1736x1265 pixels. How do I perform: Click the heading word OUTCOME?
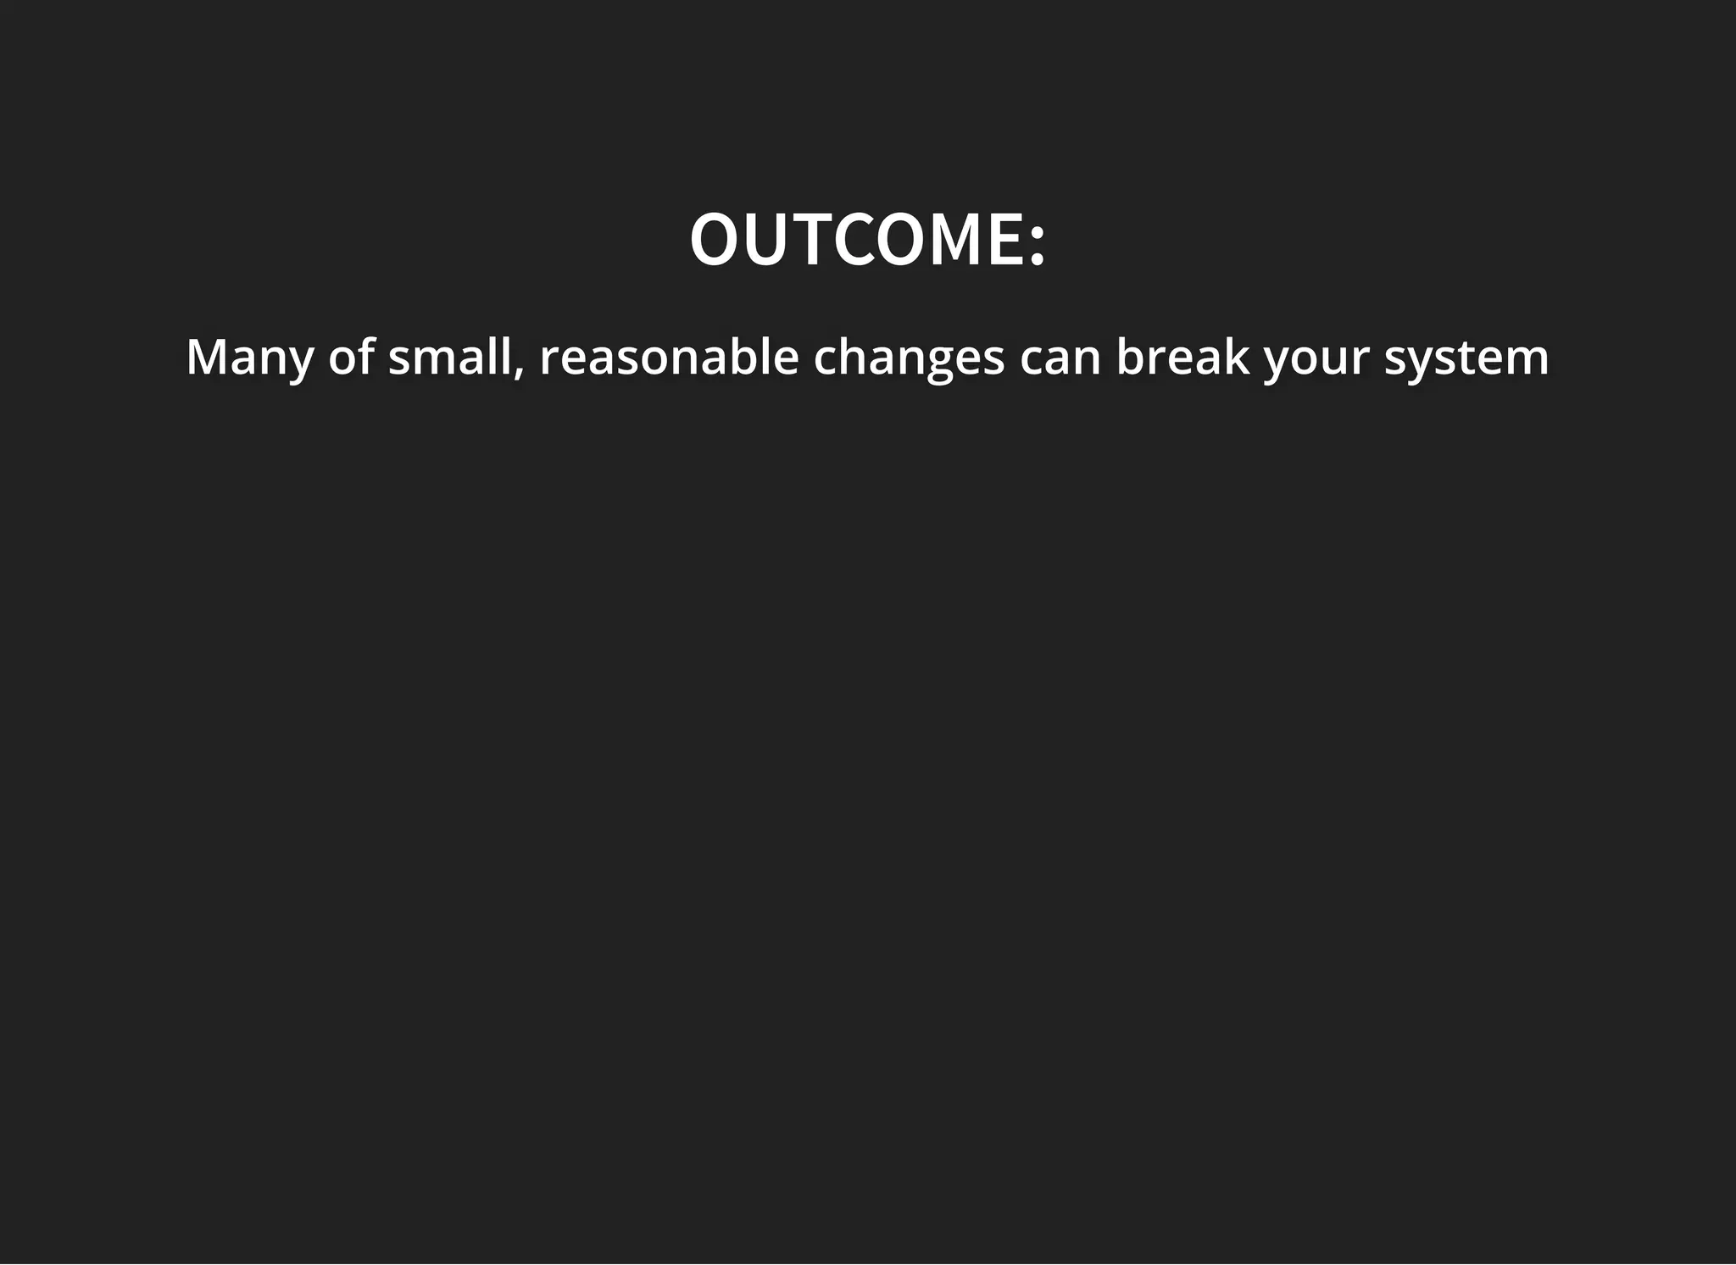pos(856,240)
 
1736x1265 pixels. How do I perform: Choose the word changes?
pos(909,358)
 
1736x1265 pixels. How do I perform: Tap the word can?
pos(1060,359)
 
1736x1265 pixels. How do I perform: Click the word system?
pos(1466,359)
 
